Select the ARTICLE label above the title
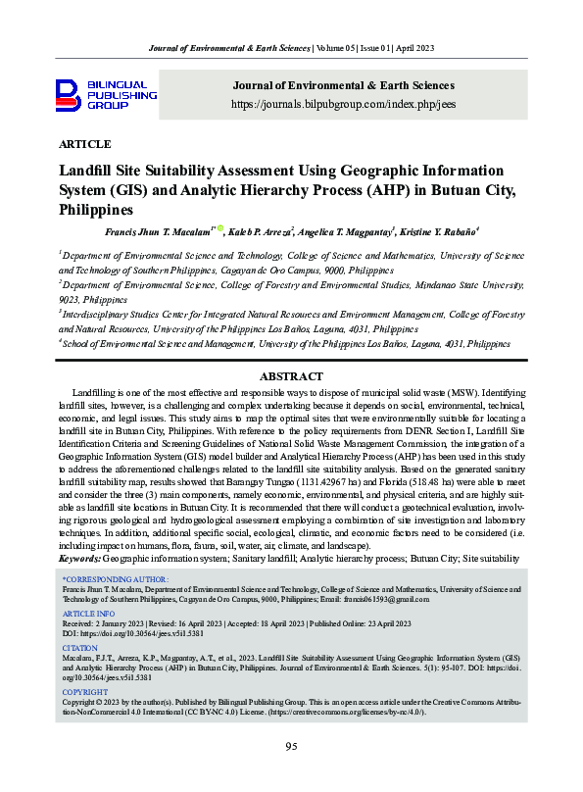click(x=85, y=144)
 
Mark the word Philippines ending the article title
click(x=96, y=209)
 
